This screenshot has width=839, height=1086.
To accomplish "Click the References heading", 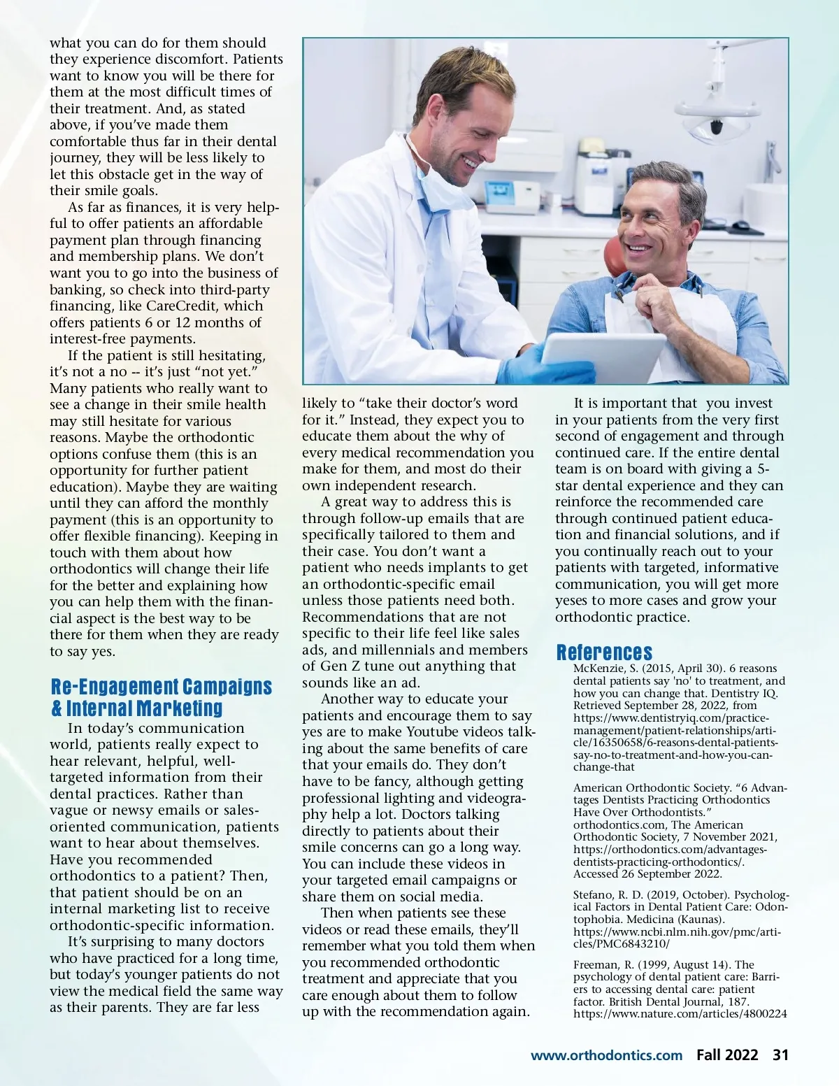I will pos(604,652).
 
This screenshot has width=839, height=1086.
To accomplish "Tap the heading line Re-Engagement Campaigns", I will pos(162,687).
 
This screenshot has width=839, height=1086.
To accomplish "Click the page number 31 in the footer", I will pos(780,1055).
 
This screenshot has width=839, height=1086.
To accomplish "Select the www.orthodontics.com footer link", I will pos(606,1055).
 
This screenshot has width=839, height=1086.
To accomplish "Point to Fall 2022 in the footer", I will pos(726,1055).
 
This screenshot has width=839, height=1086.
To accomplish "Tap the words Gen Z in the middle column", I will pos(340,666).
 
